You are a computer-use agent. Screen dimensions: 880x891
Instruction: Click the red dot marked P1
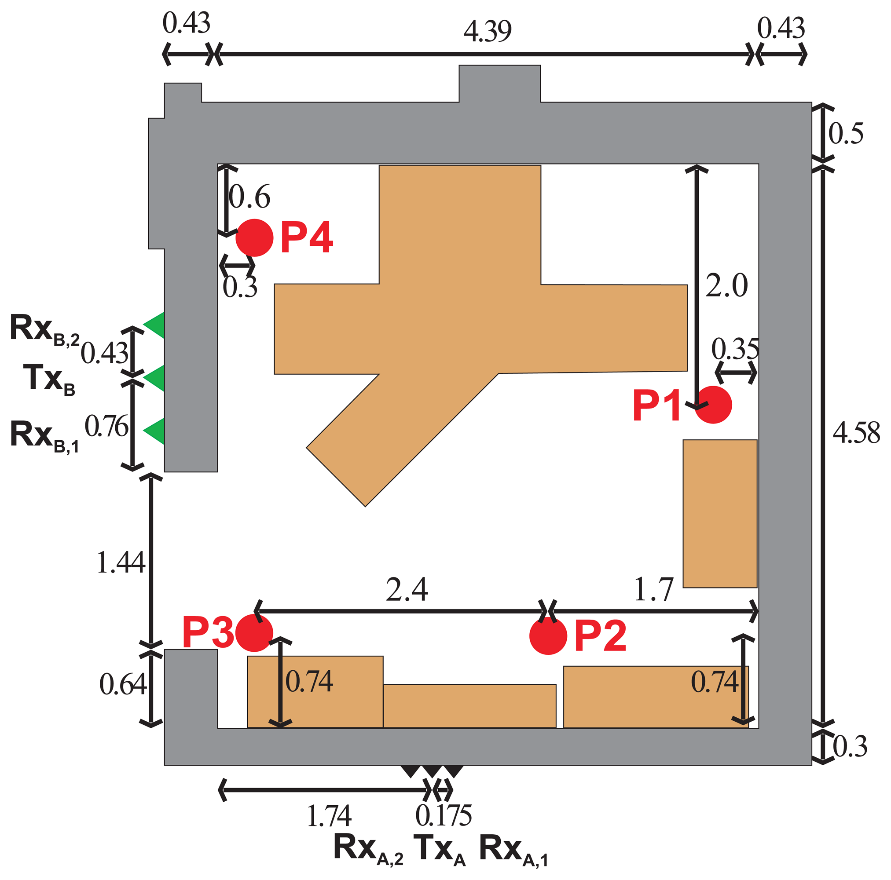[713, 405]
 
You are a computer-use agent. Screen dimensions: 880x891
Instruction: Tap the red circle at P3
[254, 633]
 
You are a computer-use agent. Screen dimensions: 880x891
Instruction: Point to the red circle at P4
[255, 238]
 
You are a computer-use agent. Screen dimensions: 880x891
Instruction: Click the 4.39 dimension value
[488, 31]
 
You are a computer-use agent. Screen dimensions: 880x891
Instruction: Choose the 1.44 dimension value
[121, 563]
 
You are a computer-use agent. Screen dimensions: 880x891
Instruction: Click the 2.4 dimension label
[407, 590]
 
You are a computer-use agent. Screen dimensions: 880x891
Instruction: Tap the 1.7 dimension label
[653, 590]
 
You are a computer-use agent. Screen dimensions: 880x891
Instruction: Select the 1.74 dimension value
[329, 816]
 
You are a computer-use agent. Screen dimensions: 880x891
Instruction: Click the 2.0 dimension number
[726, 286]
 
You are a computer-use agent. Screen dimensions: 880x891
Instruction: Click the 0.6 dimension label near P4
[249, 197]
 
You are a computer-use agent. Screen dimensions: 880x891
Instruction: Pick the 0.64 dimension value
[123, 685]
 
